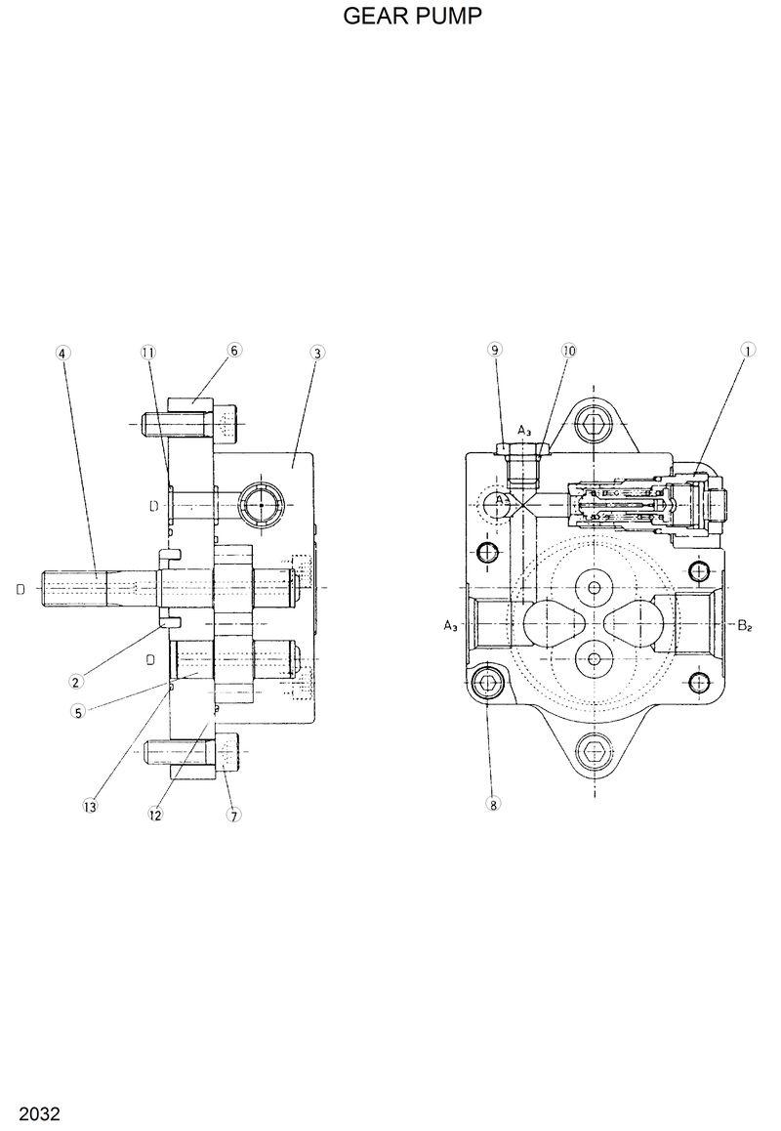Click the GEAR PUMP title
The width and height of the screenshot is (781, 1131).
tap(413, 17)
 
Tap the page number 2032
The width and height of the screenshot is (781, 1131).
tap(32, 1113)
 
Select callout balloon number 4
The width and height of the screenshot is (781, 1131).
tap(62, 352)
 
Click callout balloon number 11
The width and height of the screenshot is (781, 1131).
tap(147, 352)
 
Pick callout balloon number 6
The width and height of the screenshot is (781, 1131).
tap(234, 350)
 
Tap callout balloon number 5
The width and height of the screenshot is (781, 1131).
tap(77, 712)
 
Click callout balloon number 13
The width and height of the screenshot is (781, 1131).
tap(90, 806)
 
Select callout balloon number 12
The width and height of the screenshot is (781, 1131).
tap(154, 814)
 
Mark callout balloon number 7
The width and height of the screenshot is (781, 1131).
tap(234, 815)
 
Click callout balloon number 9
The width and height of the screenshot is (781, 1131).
tap(495, 350)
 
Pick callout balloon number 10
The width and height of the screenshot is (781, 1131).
tap(568, 350)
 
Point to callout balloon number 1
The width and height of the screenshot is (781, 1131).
tap(748, 350)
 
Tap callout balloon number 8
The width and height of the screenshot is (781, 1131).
tap(494, 805)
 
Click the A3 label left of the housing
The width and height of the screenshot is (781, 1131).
tap(450, 626)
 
